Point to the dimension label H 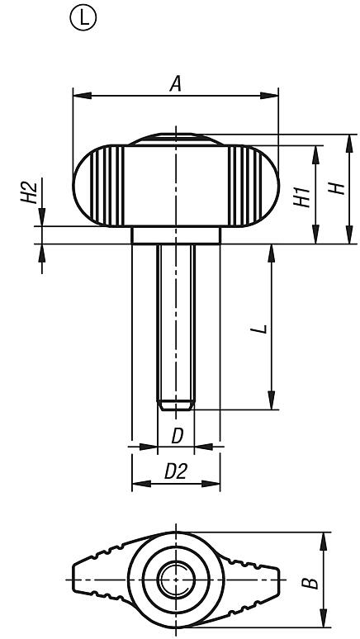click(335, 188)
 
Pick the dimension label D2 click(174, 471)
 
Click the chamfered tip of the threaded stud click(176, 405)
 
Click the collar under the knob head click(176, 235)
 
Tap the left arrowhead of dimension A click(78, 97)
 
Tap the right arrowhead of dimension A click(274, 97)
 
